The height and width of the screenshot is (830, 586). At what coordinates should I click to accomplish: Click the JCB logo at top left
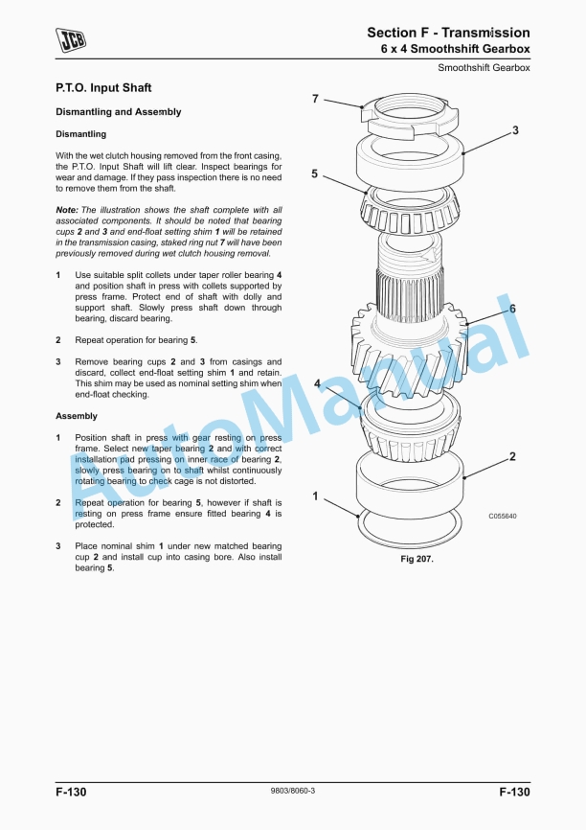[x=70, y=39]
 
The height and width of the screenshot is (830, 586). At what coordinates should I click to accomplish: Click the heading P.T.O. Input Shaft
[x=103, y=88]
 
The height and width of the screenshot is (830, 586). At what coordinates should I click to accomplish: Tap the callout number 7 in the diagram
[x=314, y=100]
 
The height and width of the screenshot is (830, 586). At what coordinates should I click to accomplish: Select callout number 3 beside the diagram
[x=515, y=130]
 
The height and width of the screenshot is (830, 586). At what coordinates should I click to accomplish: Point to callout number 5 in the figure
[x=314, y=174]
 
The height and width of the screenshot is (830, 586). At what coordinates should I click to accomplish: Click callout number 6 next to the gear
[x=512, y=309]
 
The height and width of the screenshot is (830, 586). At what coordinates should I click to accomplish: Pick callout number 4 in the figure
[x=317, y=382]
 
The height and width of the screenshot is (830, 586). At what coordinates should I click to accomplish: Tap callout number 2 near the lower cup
[x=512, y=457]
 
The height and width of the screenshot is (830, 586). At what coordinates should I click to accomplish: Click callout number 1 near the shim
[x=315, y=496]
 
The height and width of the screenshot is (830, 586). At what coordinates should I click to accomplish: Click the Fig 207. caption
[x=417, y=559]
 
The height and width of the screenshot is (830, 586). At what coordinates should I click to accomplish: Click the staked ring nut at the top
[x=406, y=113]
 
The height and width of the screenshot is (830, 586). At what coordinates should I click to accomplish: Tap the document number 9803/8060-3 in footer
[x=293, y=791]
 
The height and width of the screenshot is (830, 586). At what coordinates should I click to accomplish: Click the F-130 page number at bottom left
[x=71, y=792]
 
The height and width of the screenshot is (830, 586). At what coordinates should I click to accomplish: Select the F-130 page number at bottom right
[x=514, y=792]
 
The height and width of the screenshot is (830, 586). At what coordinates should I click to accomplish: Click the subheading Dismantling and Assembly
[x=118, y=112]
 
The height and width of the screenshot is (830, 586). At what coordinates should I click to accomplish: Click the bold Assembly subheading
[x=77, y=416]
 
